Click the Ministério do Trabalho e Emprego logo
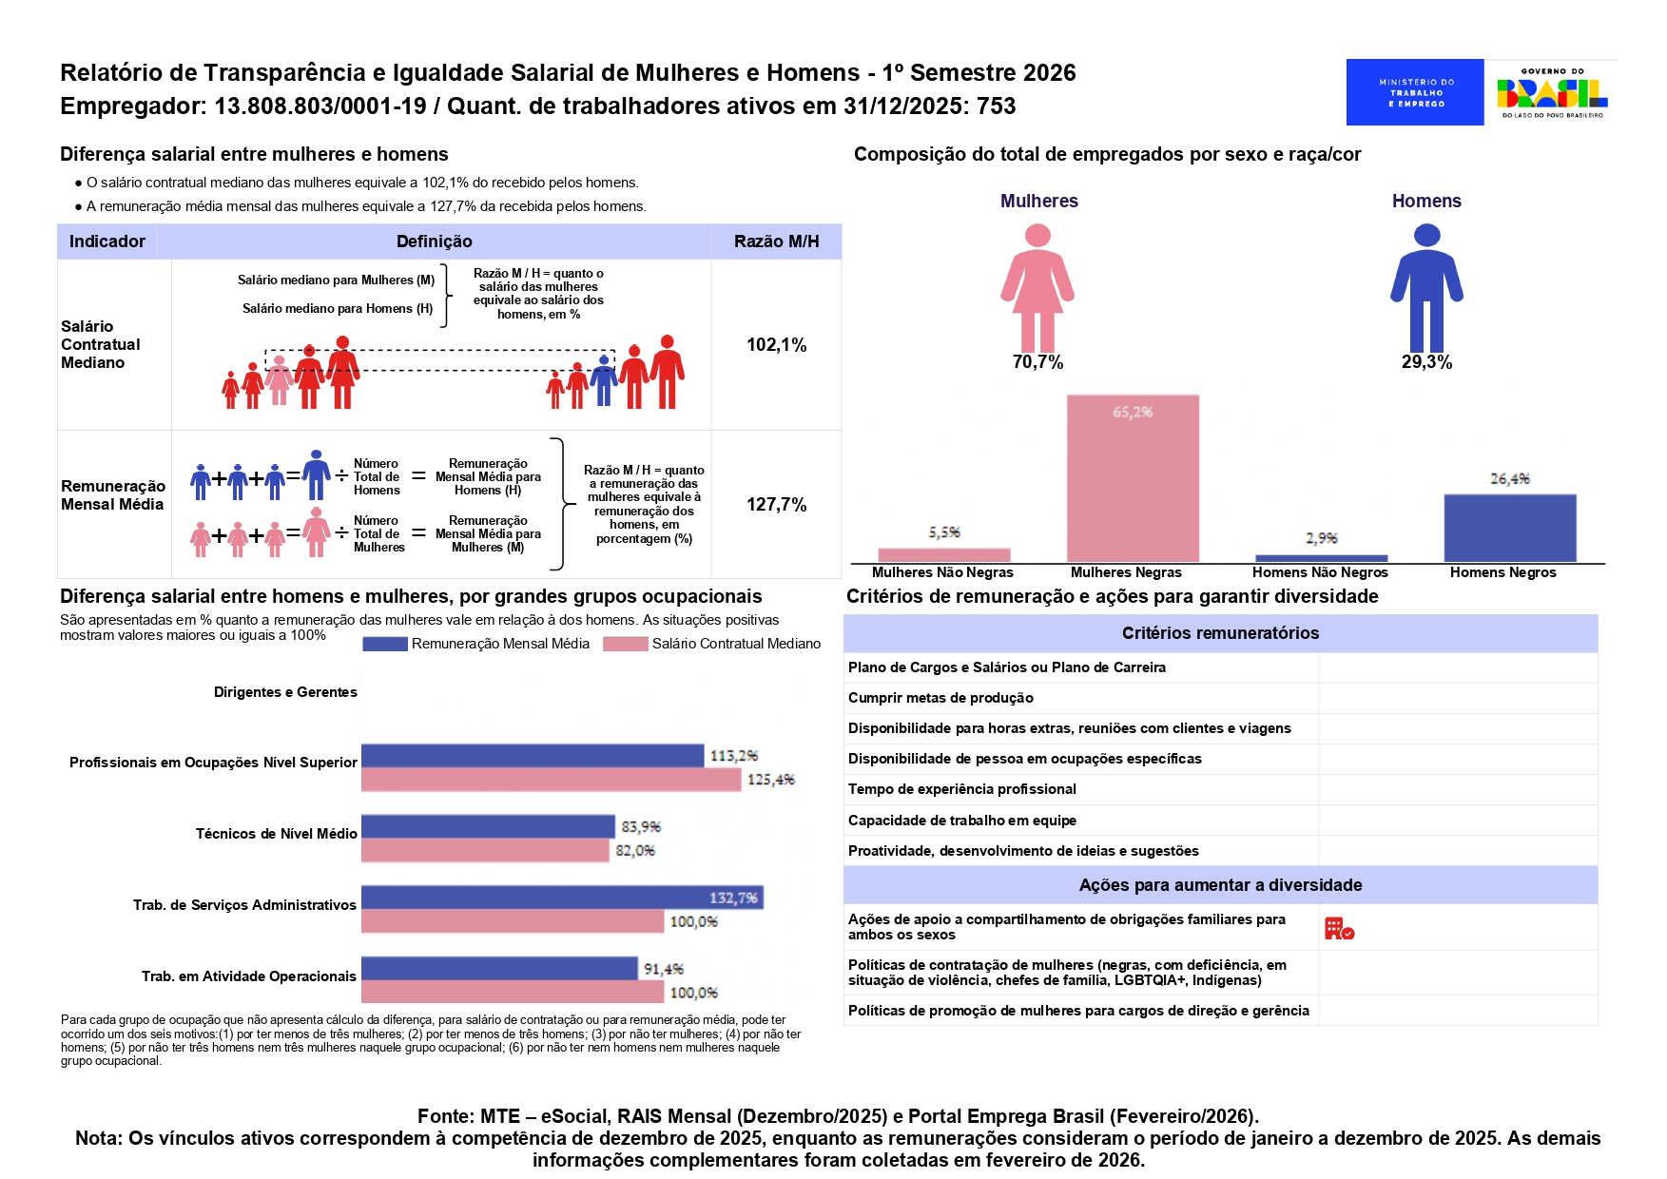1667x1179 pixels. click(1414, 92)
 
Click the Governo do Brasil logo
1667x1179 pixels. click(1552, 92)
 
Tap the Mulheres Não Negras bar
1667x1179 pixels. click(943, 554)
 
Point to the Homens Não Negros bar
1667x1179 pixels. click(1321, 558)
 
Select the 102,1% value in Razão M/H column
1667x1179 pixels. click(776, 345)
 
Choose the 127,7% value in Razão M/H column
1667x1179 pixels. click(776, 505)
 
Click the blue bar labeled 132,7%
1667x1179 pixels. click(561, 897)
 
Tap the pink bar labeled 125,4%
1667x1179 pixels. click(551, 780)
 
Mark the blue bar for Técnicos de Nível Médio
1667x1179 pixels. click(488, 826)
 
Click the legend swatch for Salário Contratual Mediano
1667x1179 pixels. click(625, 644)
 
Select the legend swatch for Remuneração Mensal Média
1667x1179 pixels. click(384, 644)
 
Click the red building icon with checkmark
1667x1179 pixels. click(1339, 928)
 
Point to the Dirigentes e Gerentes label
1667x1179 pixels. click(285, 692)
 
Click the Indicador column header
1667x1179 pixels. click(107, 242)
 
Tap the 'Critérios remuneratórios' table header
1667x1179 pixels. click(1220, 633)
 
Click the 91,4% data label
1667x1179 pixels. click(664, 969)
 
